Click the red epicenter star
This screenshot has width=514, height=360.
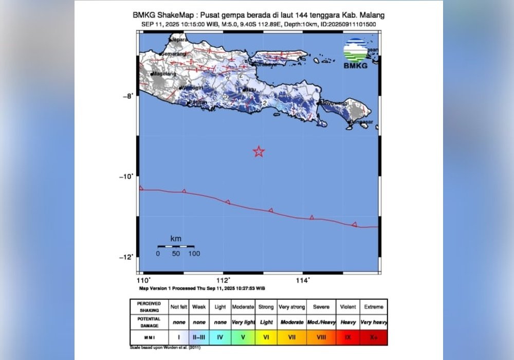(259, 151)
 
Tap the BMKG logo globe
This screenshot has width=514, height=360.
(356, 50)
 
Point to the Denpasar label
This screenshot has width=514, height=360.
(362, 122)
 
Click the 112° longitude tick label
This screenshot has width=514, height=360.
(223, 281)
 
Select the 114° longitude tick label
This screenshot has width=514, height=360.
(303, 281)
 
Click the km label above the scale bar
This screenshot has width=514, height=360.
(176, 239)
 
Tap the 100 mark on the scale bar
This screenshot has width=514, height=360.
(194, 254)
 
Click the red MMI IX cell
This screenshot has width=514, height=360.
(348, 337)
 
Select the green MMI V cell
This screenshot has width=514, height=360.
(243, 337)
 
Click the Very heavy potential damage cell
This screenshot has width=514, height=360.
(373, 322)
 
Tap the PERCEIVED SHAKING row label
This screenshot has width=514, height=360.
(149, 307)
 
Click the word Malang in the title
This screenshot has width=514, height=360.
(371, 15)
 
